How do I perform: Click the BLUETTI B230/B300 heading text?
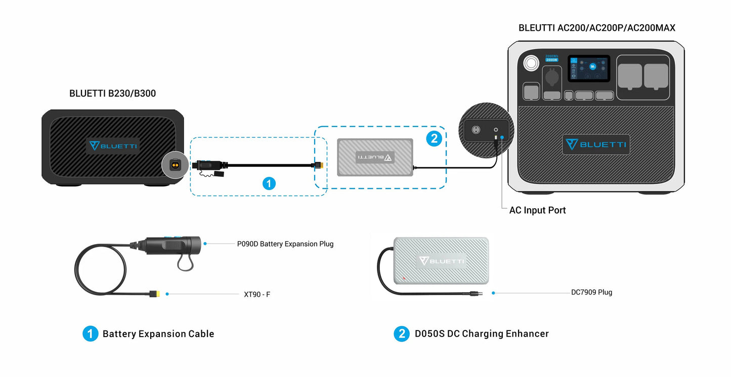112,93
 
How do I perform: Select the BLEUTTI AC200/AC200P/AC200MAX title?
596,28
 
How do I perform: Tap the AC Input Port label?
537,210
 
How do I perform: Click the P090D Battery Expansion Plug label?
285,244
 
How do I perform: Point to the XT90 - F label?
256,294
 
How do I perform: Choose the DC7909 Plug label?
591,292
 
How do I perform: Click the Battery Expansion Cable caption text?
158,334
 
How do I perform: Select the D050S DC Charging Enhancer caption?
482,334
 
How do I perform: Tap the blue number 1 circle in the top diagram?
269,183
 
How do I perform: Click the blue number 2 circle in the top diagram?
434,138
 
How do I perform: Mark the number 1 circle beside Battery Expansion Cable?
90,334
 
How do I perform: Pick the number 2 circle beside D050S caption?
402,334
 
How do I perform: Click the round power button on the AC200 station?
531,63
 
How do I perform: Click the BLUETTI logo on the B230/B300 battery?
112,146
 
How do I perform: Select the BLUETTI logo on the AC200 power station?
596,145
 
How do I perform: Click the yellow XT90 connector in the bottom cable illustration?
154,294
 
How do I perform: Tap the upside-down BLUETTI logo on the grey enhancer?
375,157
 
